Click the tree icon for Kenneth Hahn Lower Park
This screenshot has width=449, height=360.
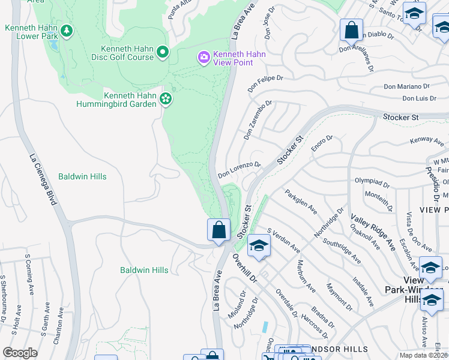(66, 31)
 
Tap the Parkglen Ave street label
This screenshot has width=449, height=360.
(301, 203)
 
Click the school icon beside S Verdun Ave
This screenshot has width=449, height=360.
(259, 245)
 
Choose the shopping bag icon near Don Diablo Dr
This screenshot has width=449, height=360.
(351, 29)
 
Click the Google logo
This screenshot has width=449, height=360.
(20, 353)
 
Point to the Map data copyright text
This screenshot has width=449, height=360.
(423, 355)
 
